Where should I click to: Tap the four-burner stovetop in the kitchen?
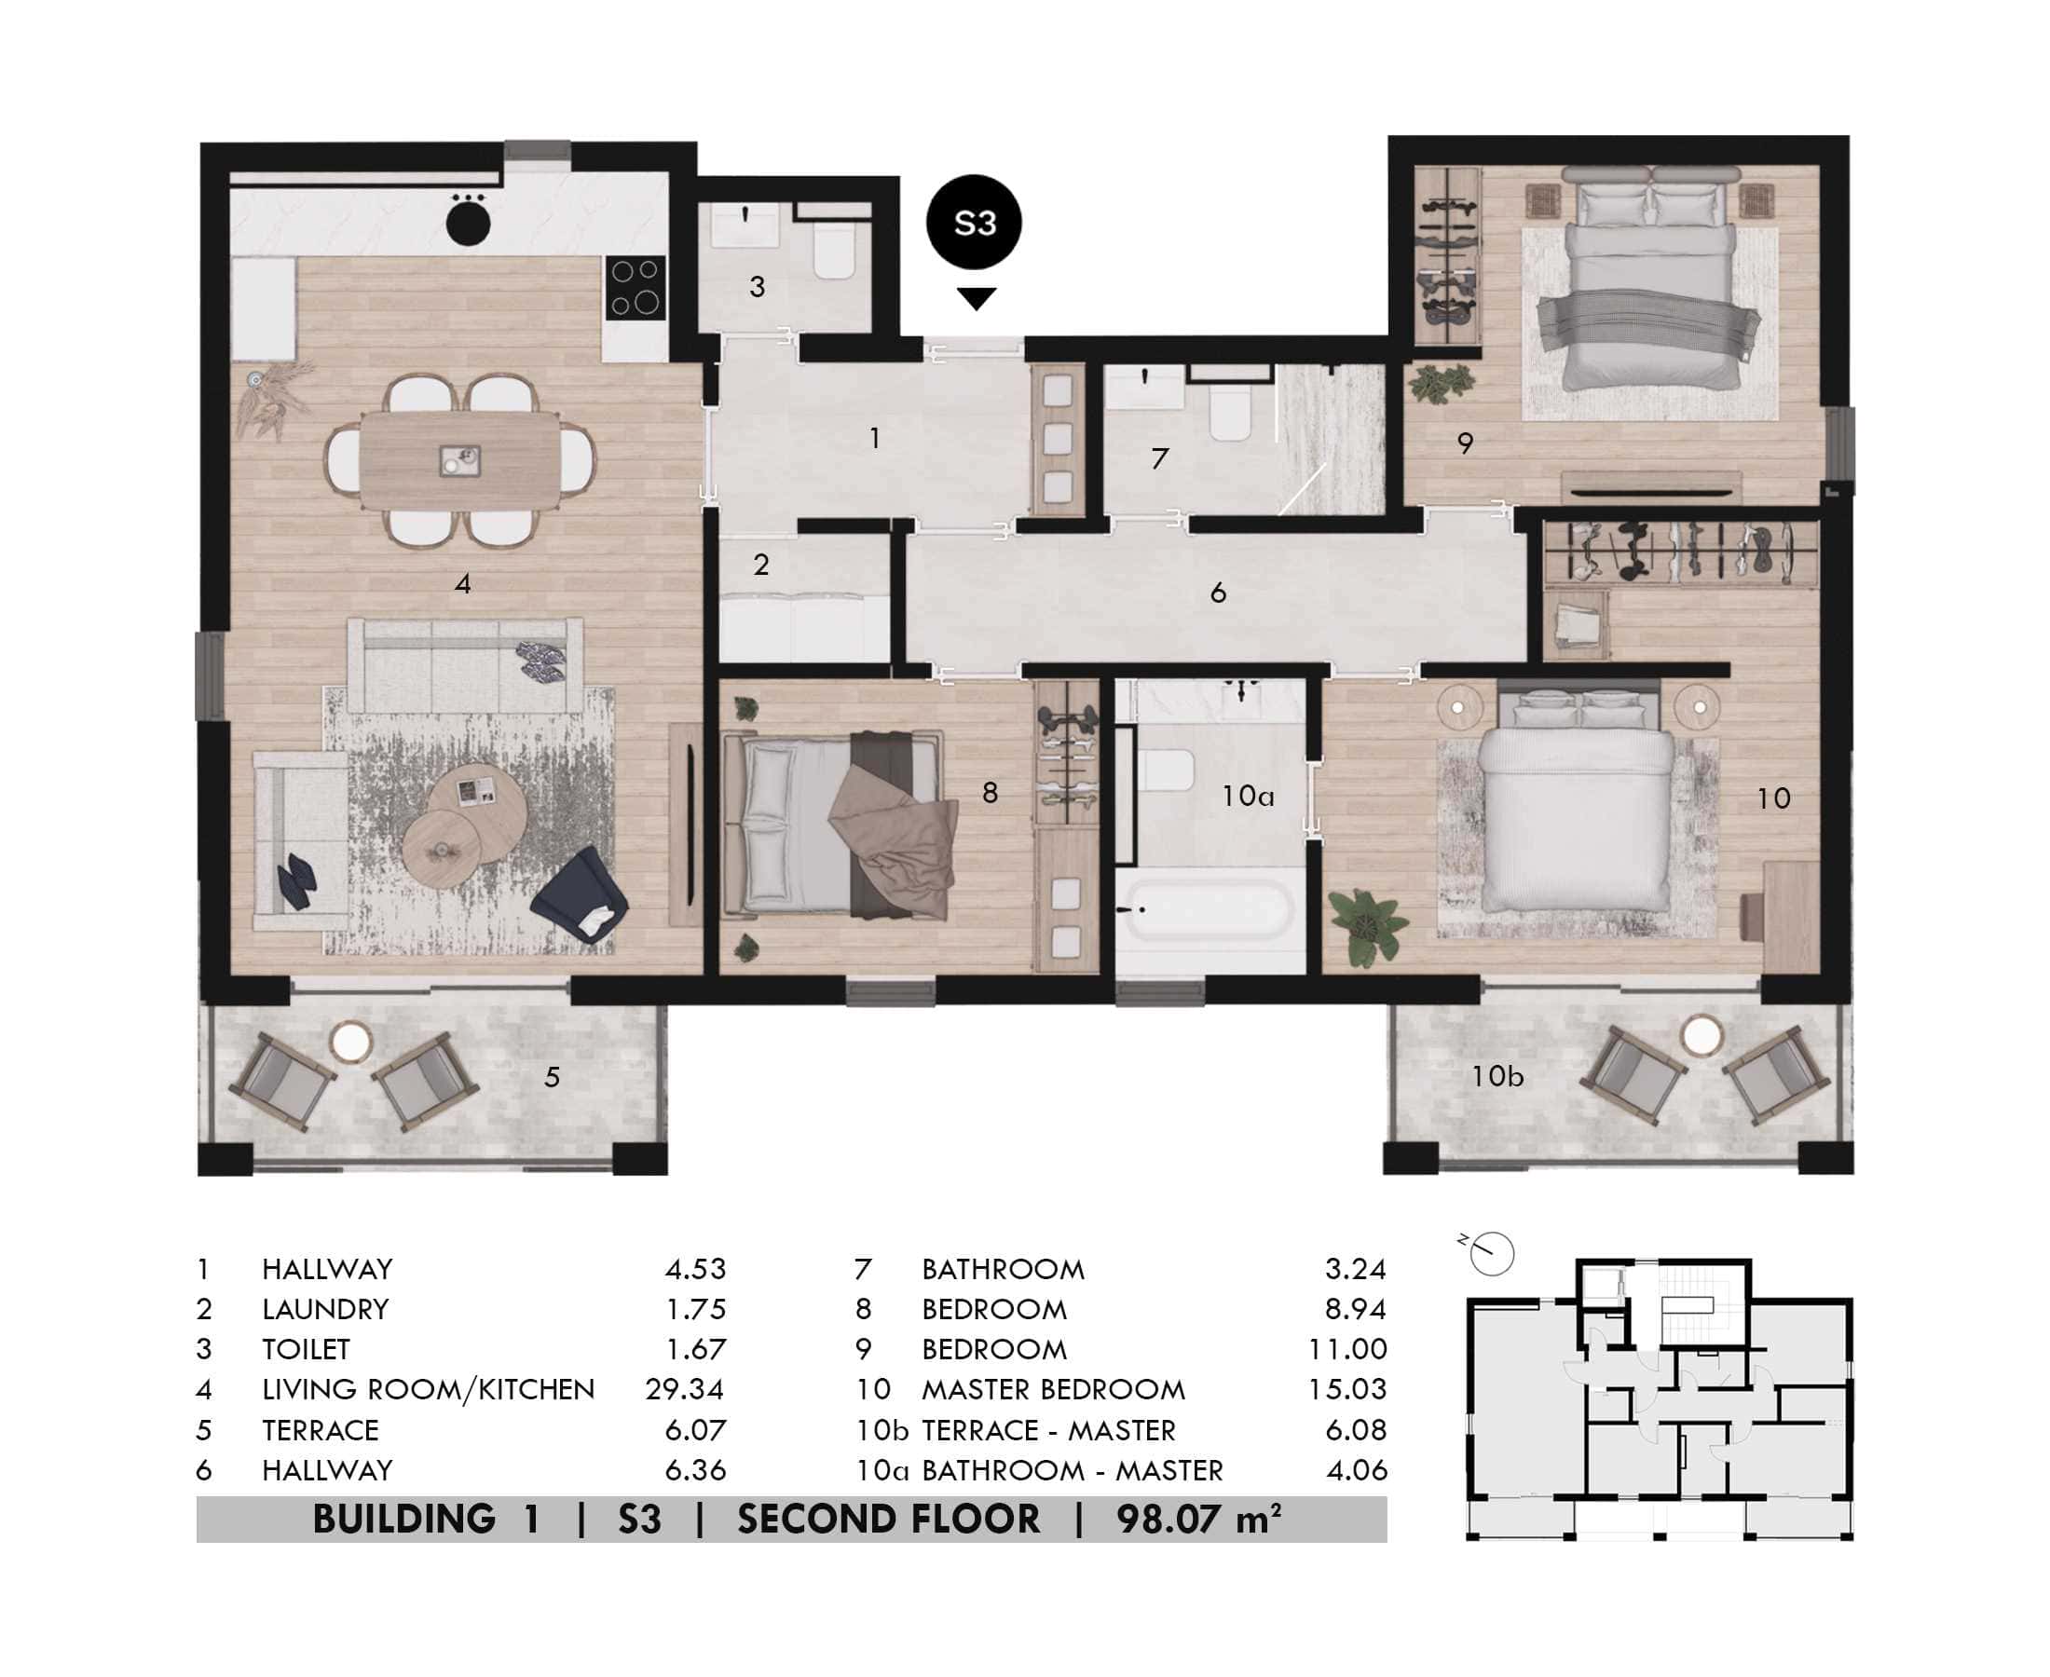tap(635, 288)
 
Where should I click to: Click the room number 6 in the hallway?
tap(1217, 593)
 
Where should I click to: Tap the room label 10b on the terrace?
tap(1496, 1076)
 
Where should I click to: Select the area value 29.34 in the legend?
tap(684, 1389)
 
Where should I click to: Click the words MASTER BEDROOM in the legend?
tap(1053, 1389)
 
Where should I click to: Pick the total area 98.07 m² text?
tap(1198, 1520)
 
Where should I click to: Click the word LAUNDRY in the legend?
tap(325, 1309)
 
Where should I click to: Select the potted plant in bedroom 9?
tap(1442, 384)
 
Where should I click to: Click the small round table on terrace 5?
tap(349, 1043)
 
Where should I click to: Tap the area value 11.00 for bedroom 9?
tap(1346, 1348)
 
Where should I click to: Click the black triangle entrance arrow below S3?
tap(976, 297)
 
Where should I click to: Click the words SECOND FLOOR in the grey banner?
tap(889, 1520)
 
